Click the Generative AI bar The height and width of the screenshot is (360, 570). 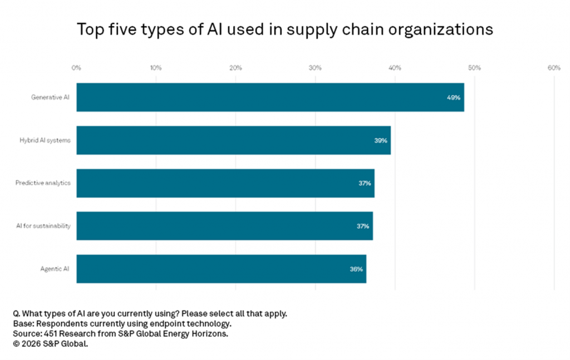tap(270, 97)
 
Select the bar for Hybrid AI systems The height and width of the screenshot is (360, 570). tap(233, 140)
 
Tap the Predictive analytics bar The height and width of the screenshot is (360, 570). tap(225, 183)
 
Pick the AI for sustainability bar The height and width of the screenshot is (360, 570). tap(224, 226)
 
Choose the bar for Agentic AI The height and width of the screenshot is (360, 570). tap(221, 269)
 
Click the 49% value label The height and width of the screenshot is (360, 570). tap(454, 97)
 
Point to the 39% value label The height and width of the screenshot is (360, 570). tap(381, 140)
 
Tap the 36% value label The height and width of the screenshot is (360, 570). tap(356, 269)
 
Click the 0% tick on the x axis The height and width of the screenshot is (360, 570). tap(76, 68)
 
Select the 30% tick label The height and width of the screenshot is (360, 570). tap(315, 68)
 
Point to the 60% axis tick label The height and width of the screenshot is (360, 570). tap(554, 68)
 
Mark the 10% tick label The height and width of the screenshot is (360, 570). tap(156, 68)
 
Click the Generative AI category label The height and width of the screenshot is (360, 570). tap(51, 97)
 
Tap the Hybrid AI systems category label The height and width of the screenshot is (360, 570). tap(45, 140)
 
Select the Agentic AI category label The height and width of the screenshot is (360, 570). tap(55, 269)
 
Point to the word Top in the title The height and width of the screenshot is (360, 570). tap(90, 29)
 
